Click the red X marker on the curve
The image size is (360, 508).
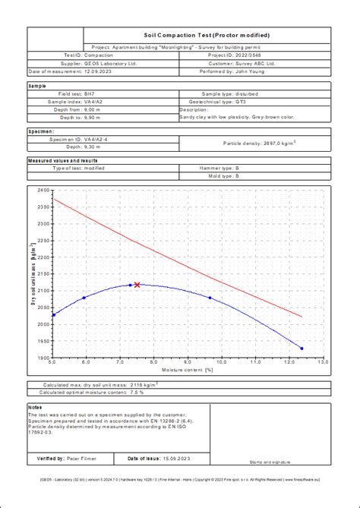tap(137, 285)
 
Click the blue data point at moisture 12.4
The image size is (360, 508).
tap(302, 349)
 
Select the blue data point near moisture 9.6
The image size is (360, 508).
tap(210, 298)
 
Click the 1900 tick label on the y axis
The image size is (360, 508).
tap(43, 358)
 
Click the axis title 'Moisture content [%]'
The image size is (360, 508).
tap(188, 369)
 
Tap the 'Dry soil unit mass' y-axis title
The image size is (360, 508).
tap(33, 274)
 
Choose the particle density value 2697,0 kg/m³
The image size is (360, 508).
tap(270, 143)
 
